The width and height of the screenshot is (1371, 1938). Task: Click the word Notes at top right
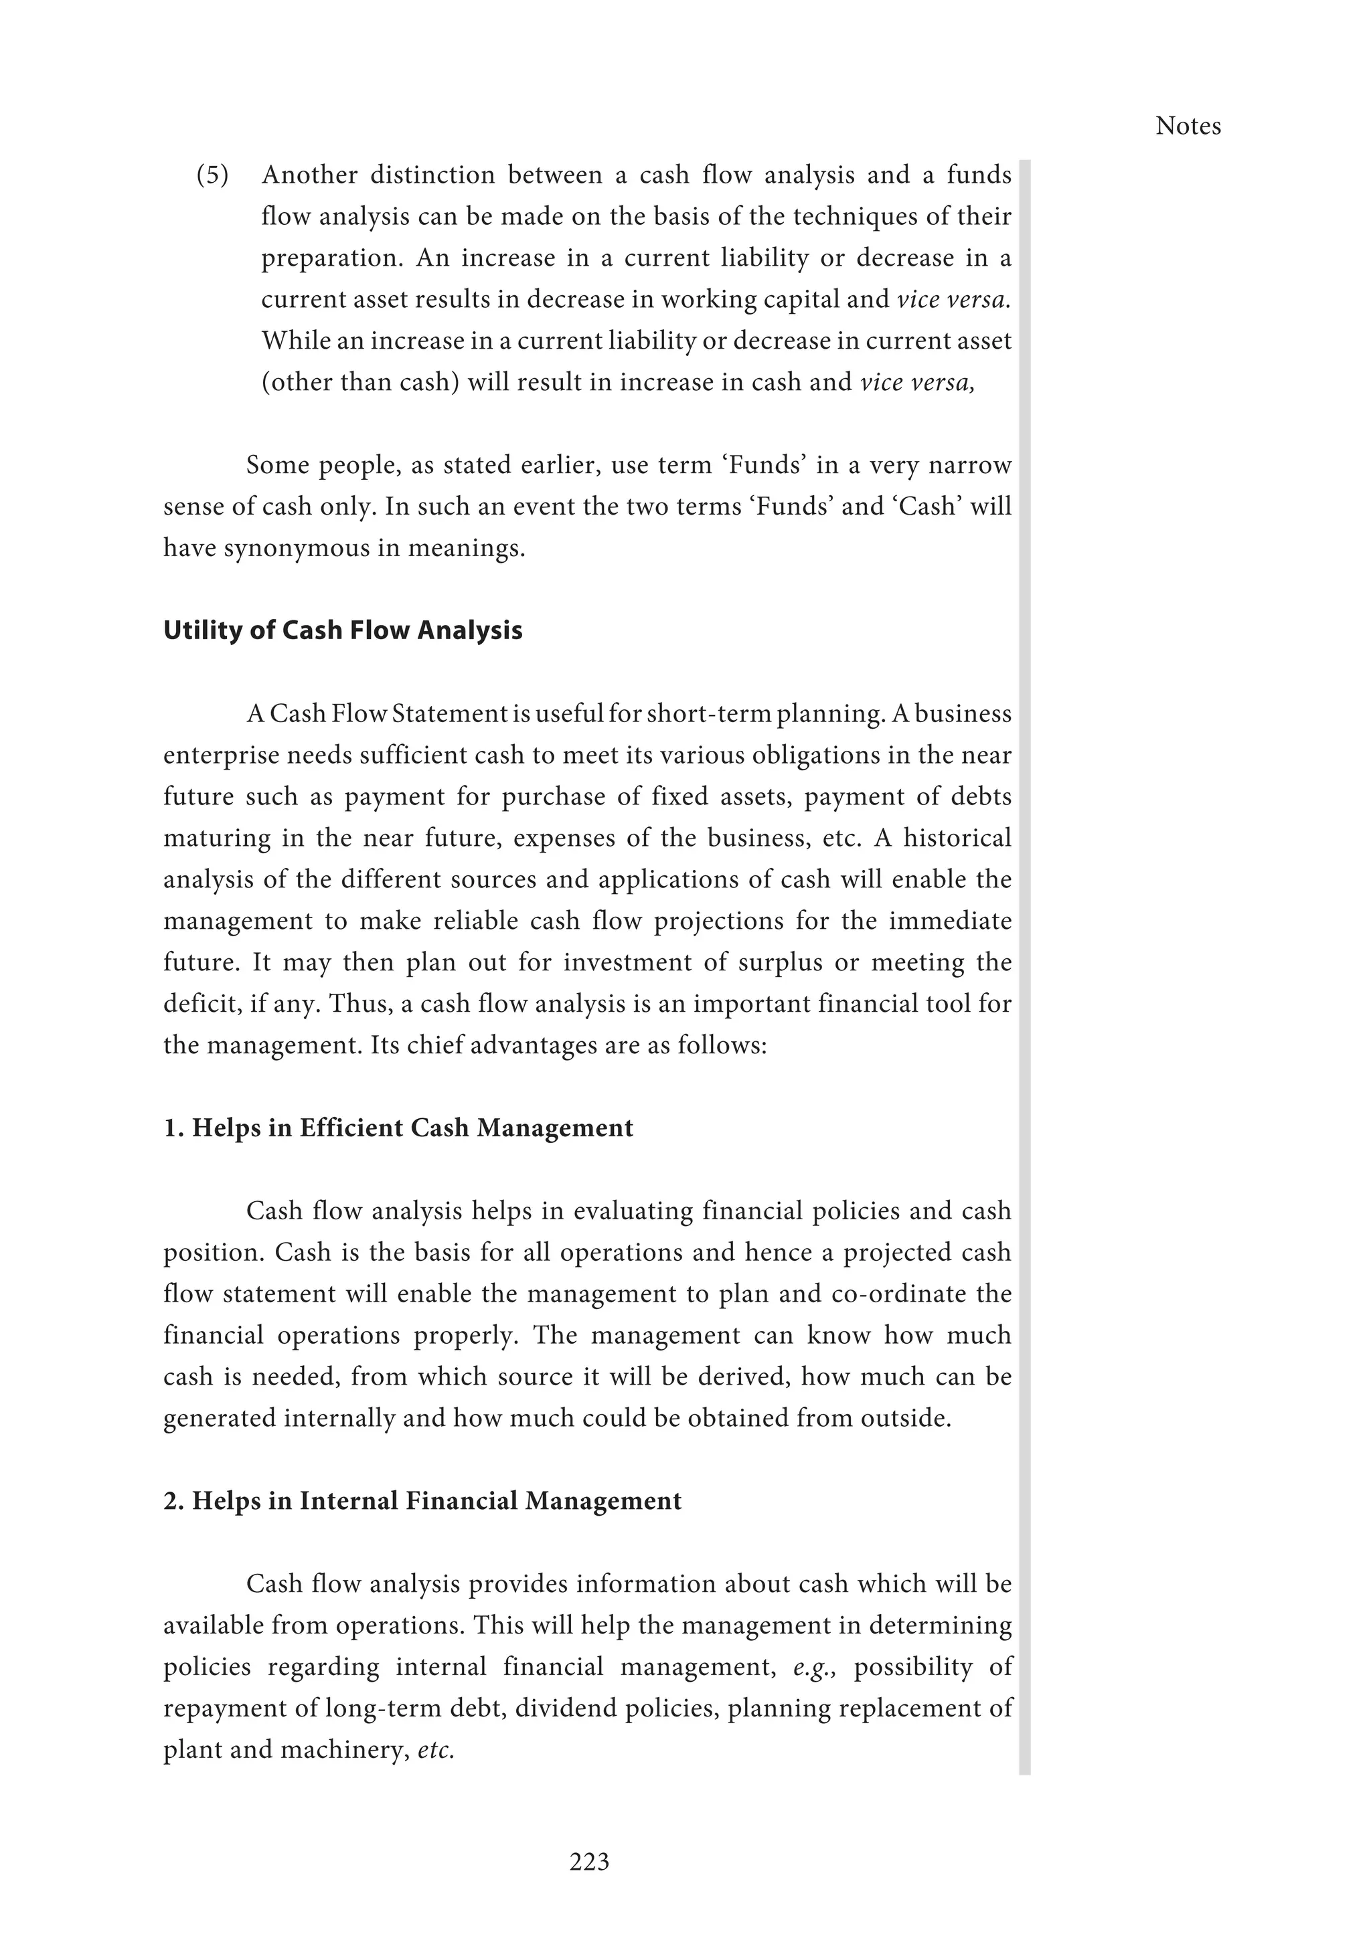(1187, 126)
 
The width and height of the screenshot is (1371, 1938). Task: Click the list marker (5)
(213, 175)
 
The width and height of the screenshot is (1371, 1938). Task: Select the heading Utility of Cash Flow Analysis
(343, 630)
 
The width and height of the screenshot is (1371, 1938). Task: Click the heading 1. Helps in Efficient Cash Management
(398, 1128)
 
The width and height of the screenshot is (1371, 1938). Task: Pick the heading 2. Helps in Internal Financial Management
(422, 1501)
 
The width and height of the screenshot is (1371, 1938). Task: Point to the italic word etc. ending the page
(436, 1750)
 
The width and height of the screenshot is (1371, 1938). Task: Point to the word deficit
(194, 1004)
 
